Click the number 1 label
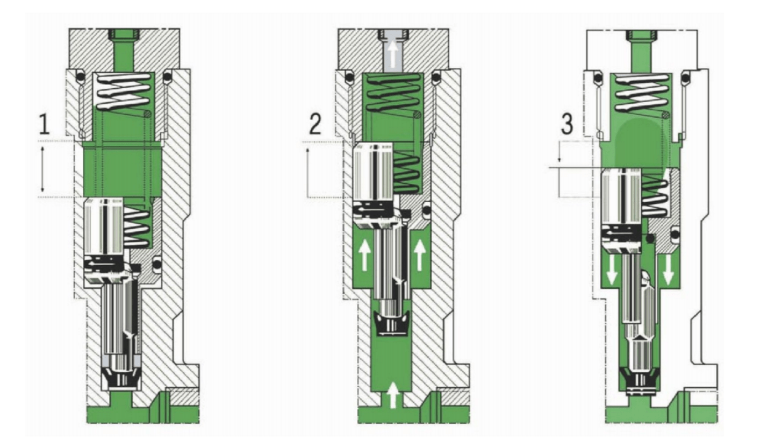coord(44,124)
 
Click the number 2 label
coord(315,124)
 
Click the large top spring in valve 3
coord(642,93)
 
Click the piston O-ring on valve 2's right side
coord(427,209)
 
